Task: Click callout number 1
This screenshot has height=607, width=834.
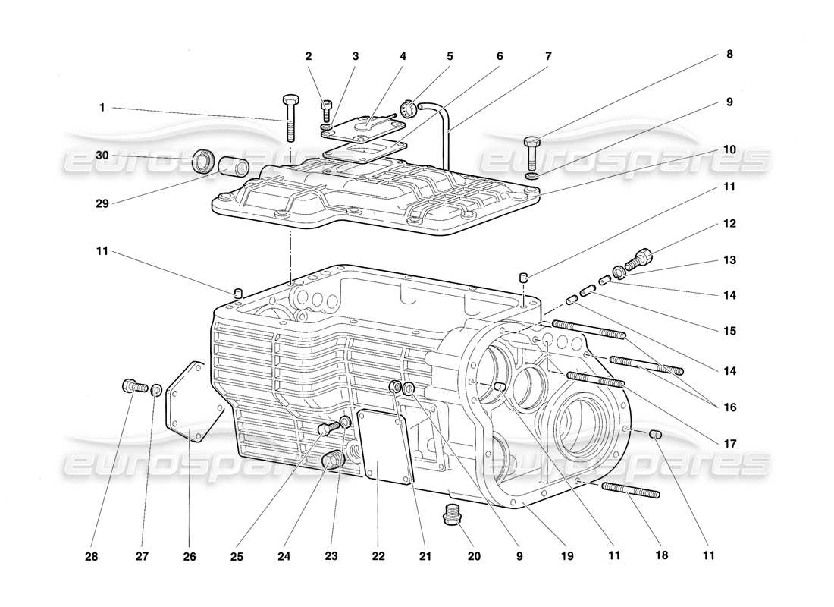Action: pos(102,108)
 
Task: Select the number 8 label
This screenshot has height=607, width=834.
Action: pos(729,55)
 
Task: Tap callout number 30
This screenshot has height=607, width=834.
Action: pos(102,155)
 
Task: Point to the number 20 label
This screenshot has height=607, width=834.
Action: pos(475,555)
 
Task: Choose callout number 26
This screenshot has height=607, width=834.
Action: pos(190,555)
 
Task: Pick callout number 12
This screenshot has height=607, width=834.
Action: pos(729,225)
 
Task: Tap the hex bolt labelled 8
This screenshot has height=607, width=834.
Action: pos(531,152)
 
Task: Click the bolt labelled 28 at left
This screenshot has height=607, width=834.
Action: pos(133,386)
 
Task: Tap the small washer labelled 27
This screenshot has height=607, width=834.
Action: pos(156,391)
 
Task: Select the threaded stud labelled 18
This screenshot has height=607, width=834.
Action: pos(631,490)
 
